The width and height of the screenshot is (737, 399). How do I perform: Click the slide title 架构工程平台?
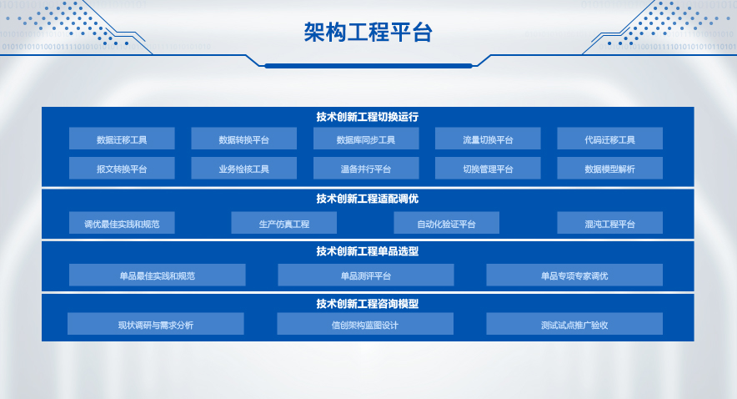click(368, 33)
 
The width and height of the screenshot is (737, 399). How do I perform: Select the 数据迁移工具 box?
click(122, 139)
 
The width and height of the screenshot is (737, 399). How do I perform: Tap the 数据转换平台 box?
click(244, 139)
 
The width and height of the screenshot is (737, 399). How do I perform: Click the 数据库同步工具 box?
click(366, 139)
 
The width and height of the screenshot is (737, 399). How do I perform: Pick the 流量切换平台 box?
click(488, 139)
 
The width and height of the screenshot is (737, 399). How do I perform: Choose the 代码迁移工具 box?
click(610, 139)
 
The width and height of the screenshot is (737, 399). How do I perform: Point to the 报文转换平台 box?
click(122, 168)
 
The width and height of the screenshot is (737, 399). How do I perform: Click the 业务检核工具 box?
click(244, 168)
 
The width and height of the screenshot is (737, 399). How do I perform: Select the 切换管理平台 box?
click(488, 168)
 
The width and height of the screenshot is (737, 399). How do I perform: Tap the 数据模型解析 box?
click(610, 168)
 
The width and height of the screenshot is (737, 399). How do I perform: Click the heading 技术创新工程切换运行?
click(368, 117)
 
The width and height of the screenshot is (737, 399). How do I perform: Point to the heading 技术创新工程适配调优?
click(368, 199)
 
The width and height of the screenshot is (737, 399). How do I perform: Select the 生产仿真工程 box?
click(284, 223)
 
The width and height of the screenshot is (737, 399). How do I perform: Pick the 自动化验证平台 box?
click(447, 223)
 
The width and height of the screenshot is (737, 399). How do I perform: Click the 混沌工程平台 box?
click(610, 223)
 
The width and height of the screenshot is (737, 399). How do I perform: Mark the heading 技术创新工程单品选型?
click(368, 251)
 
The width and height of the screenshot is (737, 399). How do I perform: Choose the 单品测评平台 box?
click(366, 275)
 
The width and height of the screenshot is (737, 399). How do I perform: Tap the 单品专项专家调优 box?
click(574, 275)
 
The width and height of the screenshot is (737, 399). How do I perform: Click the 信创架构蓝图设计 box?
click(365, 324)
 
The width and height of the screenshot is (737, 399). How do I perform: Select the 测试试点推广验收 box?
click(574, 324)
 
